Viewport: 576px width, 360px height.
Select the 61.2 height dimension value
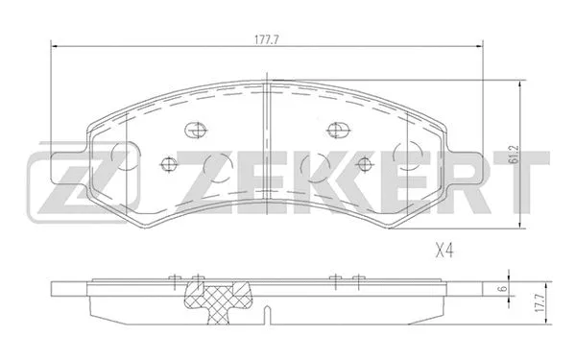(530, 155)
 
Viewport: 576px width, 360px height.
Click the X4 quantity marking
(443, 251)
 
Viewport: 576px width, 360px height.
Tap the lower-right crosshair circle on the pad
(363, 164)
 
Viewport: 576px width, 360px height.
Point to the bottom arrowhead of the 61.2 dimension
(519, 225)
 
